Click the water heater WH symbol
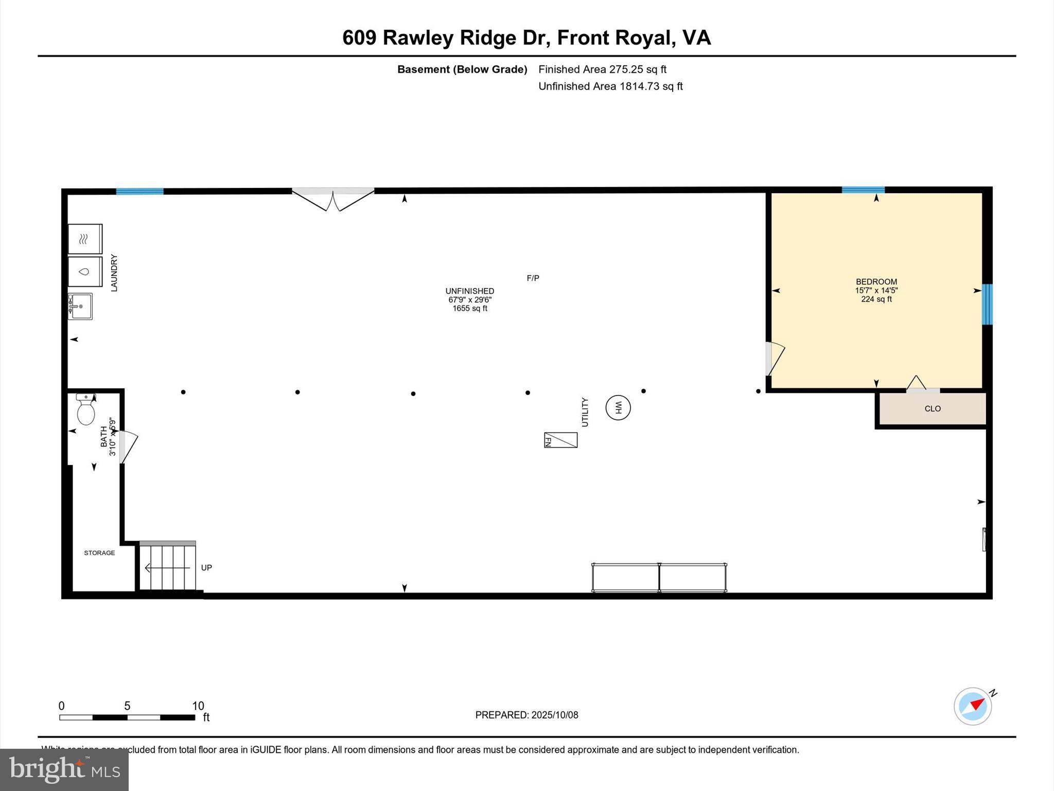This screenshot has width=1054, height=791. [618, 408]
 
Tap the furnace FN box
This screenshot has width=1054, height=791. [560, 440]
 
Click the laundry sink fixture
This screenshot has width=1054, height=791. [80, 306]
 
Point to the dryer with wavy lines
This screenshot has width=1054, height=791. [85, 239]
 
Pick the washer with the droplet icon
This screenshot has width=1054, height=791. [85, 271]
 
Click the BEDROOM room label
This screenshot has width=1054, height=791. [876, 282]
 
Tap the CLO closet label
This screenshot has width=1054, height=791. [932, 409]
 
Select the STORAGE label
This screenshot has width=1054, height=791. [99, 553]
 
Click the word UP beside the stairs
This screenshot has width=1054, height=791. [206, 568]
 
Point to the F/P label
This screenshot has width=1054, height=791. [533, 279]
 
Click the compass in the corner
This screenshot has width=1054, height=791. [973, 707]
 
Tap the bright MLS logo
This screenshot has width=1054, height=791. [64, 769]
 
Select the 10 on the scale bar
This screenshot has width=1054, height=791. [198, 706]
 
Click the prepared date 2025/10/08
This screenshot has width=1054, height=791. [554, 715]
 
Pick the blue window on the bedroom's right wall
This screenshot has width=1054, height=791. [987, 304]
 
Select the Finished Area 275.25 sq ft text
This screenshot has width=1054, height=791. [602, 70]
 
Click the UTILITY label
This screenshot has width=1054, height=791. [585, 412]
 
